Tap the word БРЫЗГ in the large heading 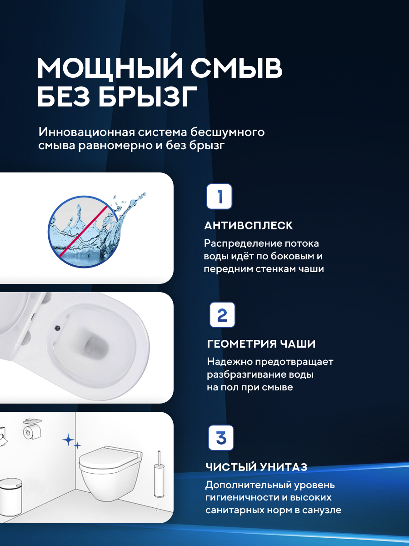click(x=148, y=96)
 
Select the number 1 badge click(x=219, y=197)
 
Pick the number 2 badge click(x=222, y=315)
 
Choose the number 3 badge click(x=221, y=438)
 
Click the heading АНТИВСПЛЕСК click(x=249, y=226)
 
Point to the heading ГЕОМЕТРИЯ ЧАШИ click(x=261, y=344)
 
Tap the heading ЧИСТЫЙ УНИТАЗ click(x=256, y=467)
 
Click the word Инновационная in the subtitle click(x=86, y=132)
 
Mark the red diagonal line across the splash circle click(x=84, y=231)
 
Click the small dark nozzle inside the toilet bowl click(x=58, y=328)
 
